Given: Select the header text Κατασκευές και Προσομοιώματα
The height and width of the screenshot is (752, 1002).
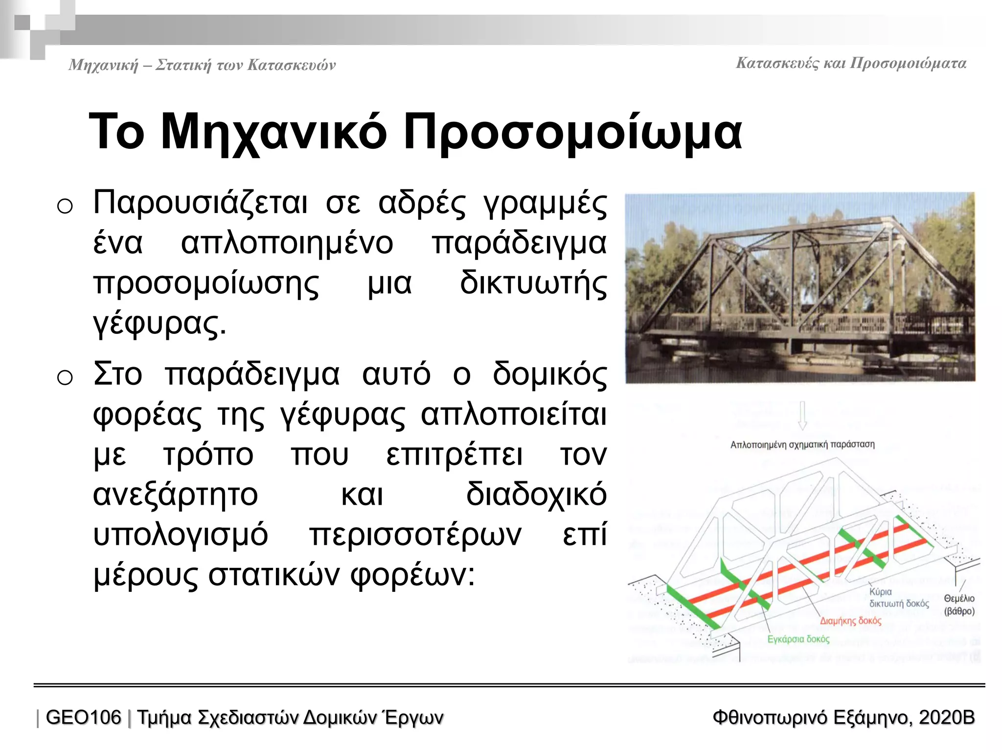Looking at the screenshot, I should coord(851,64).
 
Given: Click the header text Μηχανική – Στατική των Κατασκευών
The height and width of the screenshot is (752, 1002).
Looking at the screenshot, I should coord(202,65).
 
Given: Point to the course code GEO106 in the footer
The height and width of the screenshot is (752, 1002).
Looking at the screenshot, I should coord(83,718).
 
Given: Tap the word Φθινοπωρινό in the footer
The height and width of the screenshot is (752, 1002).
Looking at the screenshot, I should coord(770,718).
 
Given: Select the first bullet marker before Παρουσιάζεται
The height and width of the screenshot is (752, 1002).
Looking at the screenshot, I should coord(65,206).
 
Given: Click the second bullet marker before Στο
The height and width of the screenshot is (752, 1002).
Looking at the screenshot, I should coord(65,377).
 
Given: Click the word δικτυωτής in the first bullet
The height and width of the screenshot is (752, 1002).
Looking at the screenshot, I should coord(533,283).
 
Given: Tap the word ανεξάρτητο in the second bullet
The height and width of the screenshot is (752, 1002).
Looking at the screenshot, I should coord(175,494).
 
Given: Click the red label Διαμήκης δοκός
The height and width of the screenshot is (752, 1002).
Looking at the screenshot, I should coord(850,621).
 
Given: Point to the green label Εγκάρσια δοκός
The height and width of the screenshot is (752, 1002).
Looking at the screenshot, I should coord(798,639).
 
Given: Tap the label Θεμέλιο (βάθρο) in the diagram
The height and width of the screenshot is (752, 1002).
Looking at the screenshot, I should coord(959,605).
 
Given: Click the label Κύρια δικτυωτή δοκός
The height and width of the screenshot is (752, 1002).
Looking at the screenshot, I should coord(898,598).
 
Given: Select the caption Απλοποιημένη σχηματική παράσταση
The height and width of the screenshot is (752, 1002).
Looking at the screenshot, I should coord(802,445).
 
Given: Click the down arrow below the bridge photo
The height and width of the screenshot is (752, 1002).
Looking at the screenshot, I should coord(802,415).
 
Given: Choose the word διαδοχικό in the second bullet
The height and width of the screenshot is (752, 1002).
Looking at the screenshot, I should coord(536,494).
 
